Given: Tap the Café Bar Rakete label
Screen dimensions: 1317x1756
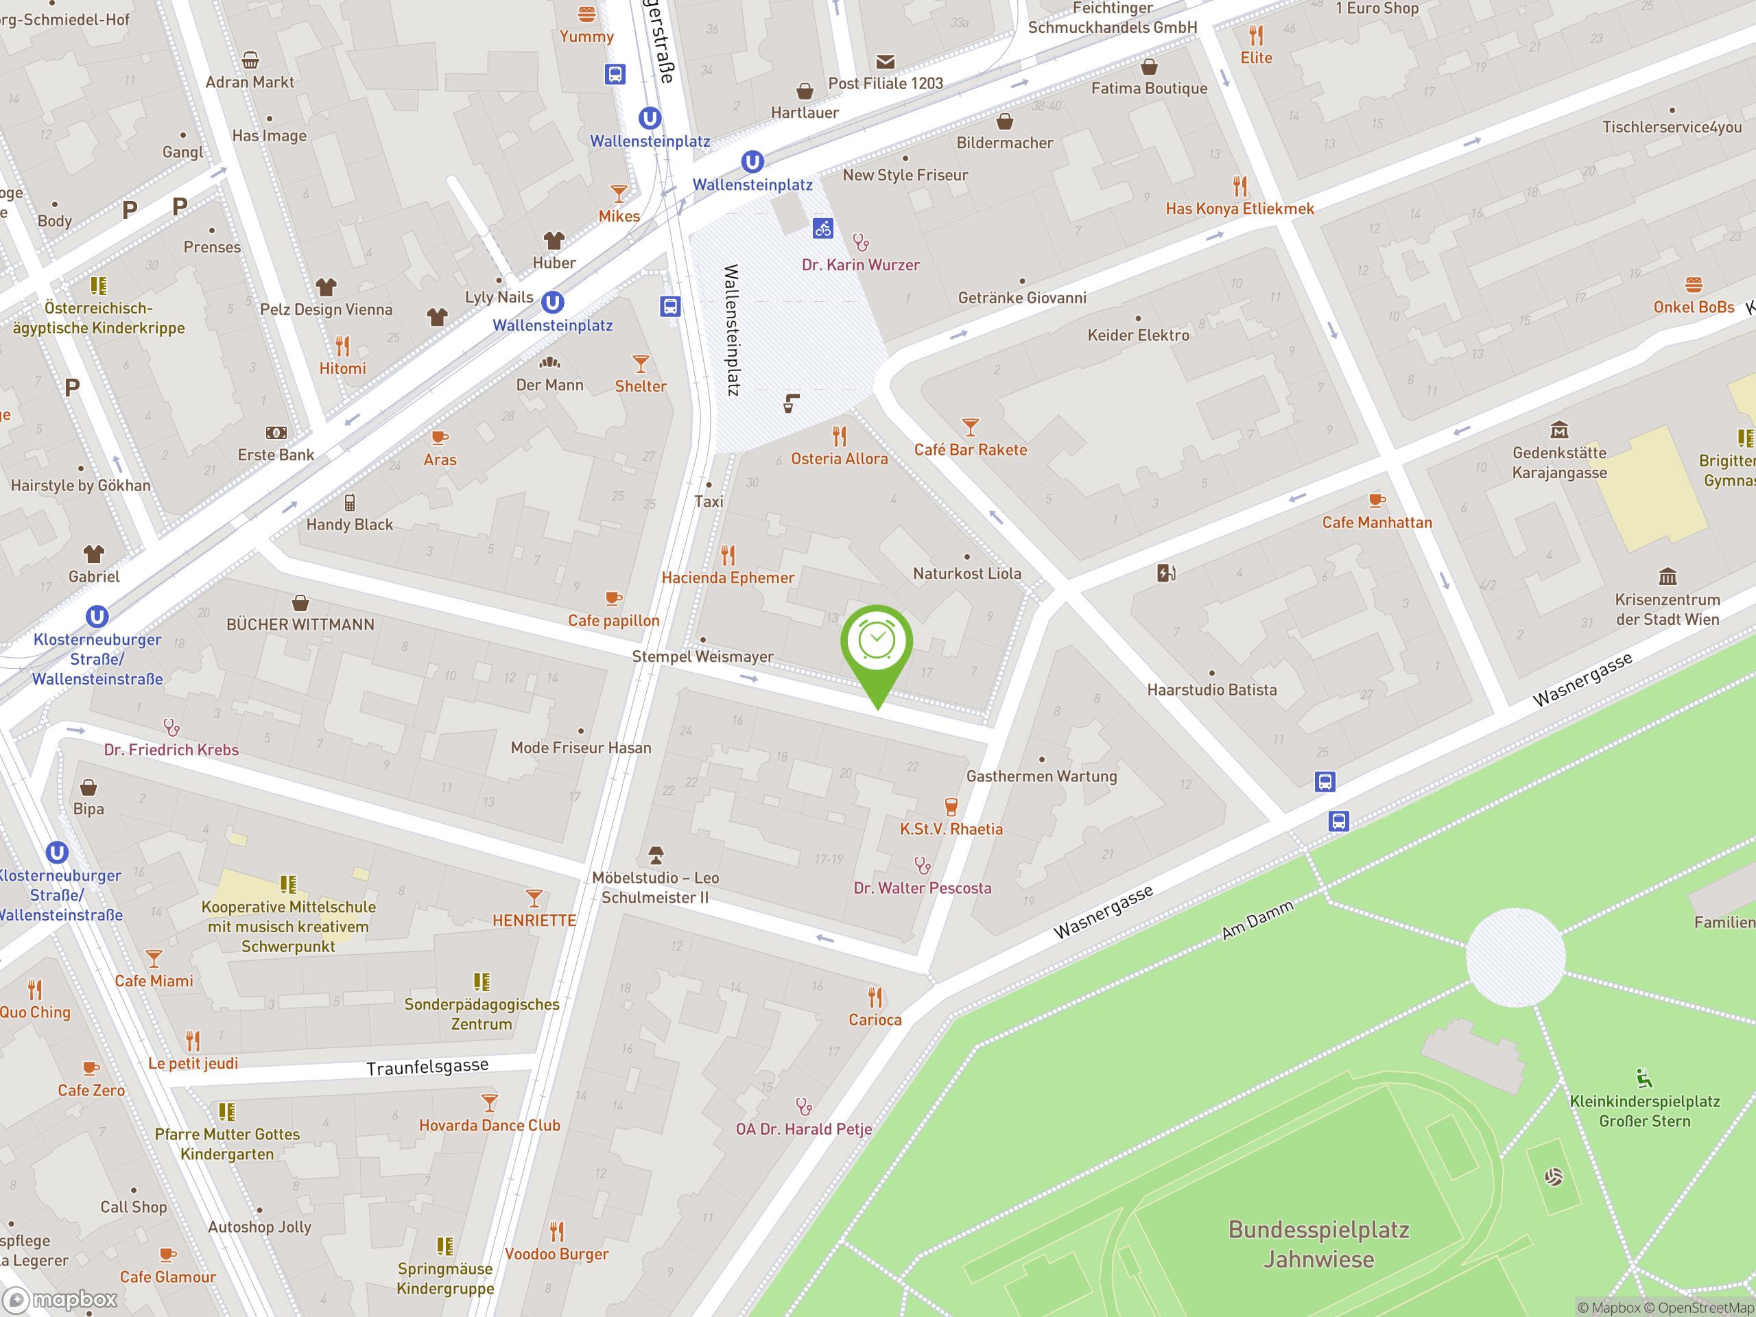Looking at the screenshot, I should coord(970,450).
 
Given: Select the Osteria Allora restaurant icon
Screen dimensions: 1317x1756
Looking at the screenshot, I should coord(839,436).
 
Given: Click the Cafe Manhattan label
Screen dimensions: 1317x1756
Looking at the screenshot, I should coord(1377,523).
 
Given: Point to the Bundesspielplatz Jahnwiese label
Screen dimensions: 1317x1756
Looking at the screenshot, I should coord(1318,1244).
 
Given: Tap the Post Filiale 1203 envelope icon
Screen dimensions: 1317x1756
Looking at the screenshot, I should coord(885,62).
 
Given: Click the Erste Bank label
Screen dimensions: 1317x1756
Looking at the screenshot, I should coord(276,455).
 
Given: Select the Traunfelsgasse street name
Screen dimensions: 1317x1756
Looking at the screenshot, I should coord(427,1067).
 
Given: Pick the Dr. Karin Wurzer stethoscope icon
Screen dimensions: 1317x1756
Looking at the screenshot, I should coord(861,241).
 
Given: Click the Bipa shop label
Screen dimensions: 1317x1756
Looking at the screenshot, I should coord(88,809).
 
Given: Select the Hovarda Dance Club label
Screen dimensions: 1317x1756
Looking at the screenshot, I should coord(489,1126).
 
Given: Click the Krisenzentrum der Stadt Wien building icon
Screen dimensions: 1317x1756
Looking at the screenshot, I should coord(1667,576).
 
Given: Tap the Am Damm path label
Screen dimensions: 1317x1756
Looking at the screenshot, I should coord(1257,920).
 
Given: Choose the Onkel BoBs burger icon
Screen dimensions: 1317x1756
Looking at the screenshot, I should coord(1694,284).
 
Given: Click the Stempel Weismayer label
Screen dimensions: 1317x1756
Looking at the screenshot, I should coord(702,656).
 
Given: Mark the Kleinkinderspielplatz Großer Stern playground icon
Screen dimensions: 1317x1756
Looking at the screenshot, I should coord(1644,1078).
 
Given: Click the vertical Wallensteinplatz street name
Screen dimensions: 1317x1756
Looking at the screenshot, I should coord(731,329).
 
